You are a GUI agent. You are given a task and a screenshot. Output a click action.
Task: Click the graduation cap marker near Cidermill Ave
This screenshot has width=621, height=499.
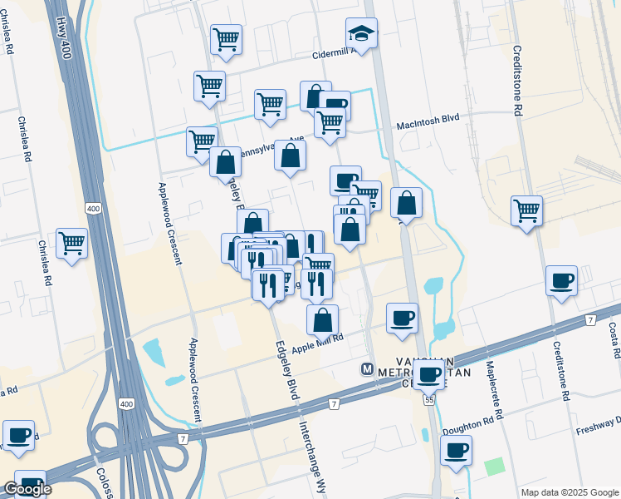(361, 34)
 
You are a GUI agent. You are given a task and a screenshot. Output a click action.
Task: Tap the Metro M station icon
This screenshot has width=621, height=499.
(366, 368)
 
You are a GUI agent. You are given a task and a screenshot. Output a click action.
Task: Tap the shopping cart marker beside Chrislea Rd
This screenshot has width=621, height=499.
(72, 244)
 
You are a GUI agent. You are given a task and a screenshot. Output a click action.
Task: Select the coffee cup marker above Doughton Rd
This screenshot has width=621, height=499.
(455, 451)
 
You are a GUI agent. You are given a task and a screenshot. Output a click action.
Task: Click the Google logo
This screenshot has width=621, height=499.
(27, 489)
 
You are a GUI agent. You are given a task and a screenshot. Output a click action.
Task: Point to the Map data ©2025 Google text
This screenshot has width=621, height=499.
(570, 492)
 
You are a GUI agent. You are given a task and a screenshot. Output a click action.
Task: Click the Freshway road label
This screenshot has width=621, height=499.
(597, 432)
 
